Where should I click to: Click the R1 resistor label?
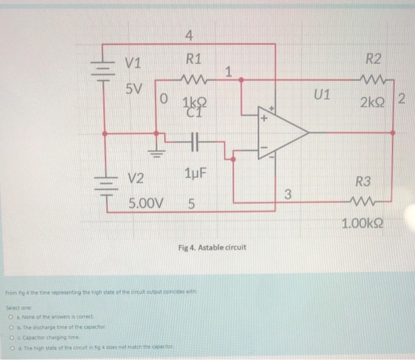[x=193, y=59]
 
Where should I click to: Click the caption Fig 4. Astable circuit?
[x=212, y=247]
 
